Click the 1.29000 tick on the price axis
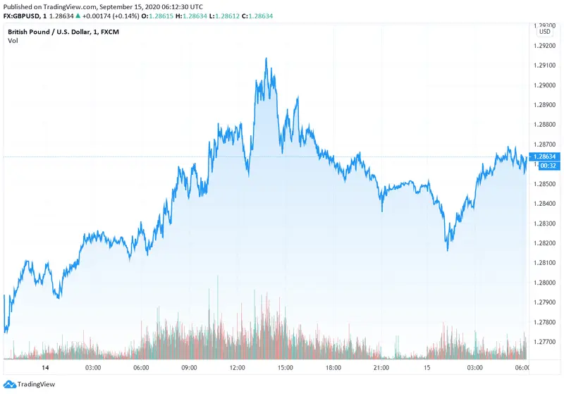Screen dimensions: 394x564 tap(546, 85)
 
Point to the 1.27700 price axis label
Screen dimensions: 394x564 tap(546, 342)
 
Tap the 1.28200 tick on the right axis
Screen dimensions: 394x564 tap(546, 243)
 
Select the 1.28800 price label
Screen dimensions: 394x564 tap(546, 125)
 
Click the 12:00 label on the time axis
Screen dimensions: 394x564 tap(237, 367)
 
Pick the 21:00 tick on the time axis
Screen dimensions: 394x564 tap(381, 367)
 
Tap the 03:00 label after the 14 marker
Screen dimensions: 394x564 tap(92, 367)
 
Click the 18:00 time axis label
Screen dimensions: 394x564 tap(333, 367)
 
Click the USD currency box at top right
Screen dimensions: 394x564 tap(545, 32)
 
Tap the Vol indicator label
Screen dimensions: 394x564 tap(13, 41)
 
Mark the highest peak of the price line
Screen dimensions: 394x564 tap(266, 59)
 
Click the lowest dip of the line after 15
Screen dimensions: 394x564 tap(448, 249)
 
